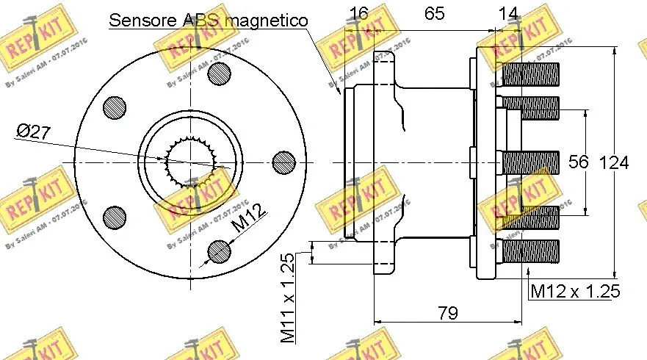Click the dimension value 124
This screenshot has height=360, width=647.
coord(615,162)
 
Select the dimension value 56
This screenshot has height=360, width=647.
coord(579,162)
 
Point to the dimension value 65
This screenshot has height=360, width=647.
coord(435,13)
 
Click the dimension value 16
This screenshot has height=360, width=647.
coord(358,13)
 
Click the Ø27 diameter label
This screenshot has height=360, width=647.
coord(33,132)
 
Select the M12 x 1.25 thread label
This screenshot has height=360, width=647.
coord(575,292)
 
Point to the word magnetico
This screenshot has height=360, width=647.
coord(266,20)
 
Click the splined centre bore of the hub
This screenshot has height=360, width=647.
coord(190,162)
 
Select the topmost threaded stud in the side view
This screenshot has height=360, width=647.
coord(530,74)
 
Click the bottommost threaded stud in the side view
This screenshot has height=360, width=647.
coord(530,251)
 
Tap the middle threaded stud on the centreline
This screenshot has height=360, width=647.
coord(530,162)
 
